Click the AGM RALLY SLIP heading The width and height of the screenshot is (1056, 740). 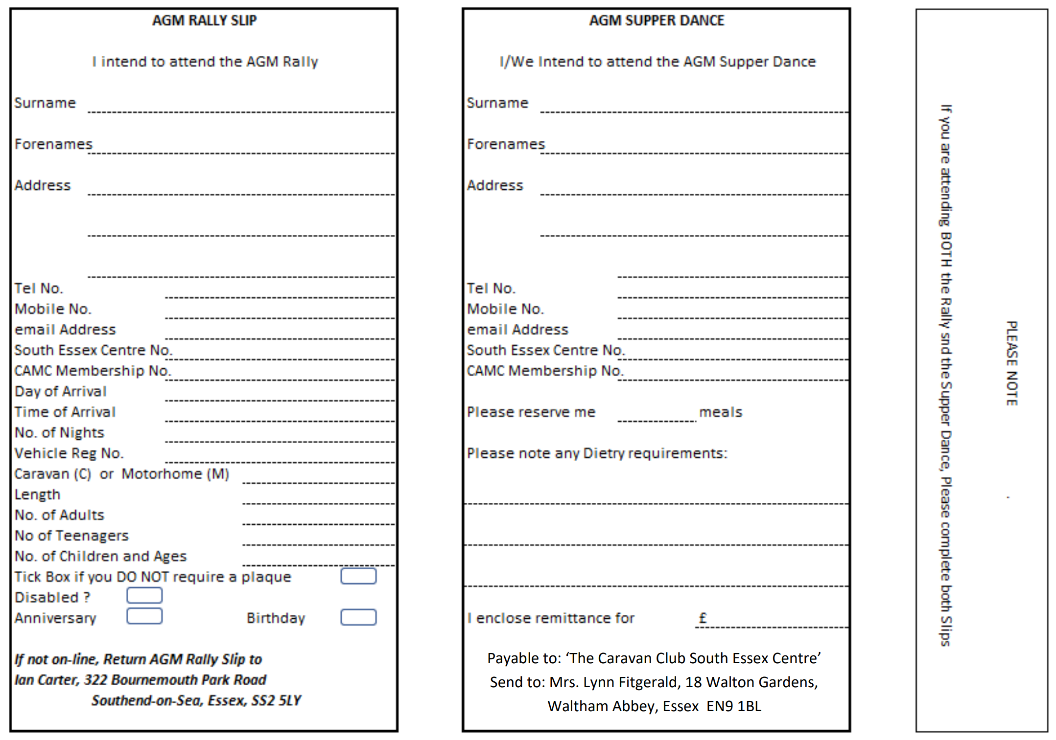pos(204,21)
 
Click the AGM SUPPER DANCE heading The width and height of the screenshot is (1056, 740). pos(656,21)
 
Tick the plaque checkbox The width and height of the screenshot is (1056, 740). pos(358,576)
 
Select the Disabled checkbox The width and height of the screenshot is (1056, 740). pos(144,596)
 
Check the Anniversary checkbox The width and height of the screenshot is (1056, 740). pos(144,616)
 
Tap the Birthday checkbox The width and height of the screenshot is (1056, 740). pos(358,617)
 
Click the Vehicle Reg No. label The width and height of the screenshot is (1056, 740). pos(69,453)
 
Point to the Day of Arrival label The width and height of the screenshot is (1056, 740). pos(60,391)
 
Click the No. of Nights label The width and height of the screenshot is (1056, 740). pos(59,433)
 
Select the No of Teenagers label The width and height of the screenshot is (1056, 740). pos(71,536)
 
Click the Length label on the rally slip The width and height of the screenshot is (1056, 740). pos(37,494)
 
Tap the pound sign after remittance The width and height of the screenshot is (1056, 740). pos(703,618)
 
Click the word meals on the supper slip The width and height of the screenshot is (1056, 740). pos(721,412)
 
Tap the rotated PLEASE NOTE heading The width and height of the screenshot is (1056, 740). pos(1011,363)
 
